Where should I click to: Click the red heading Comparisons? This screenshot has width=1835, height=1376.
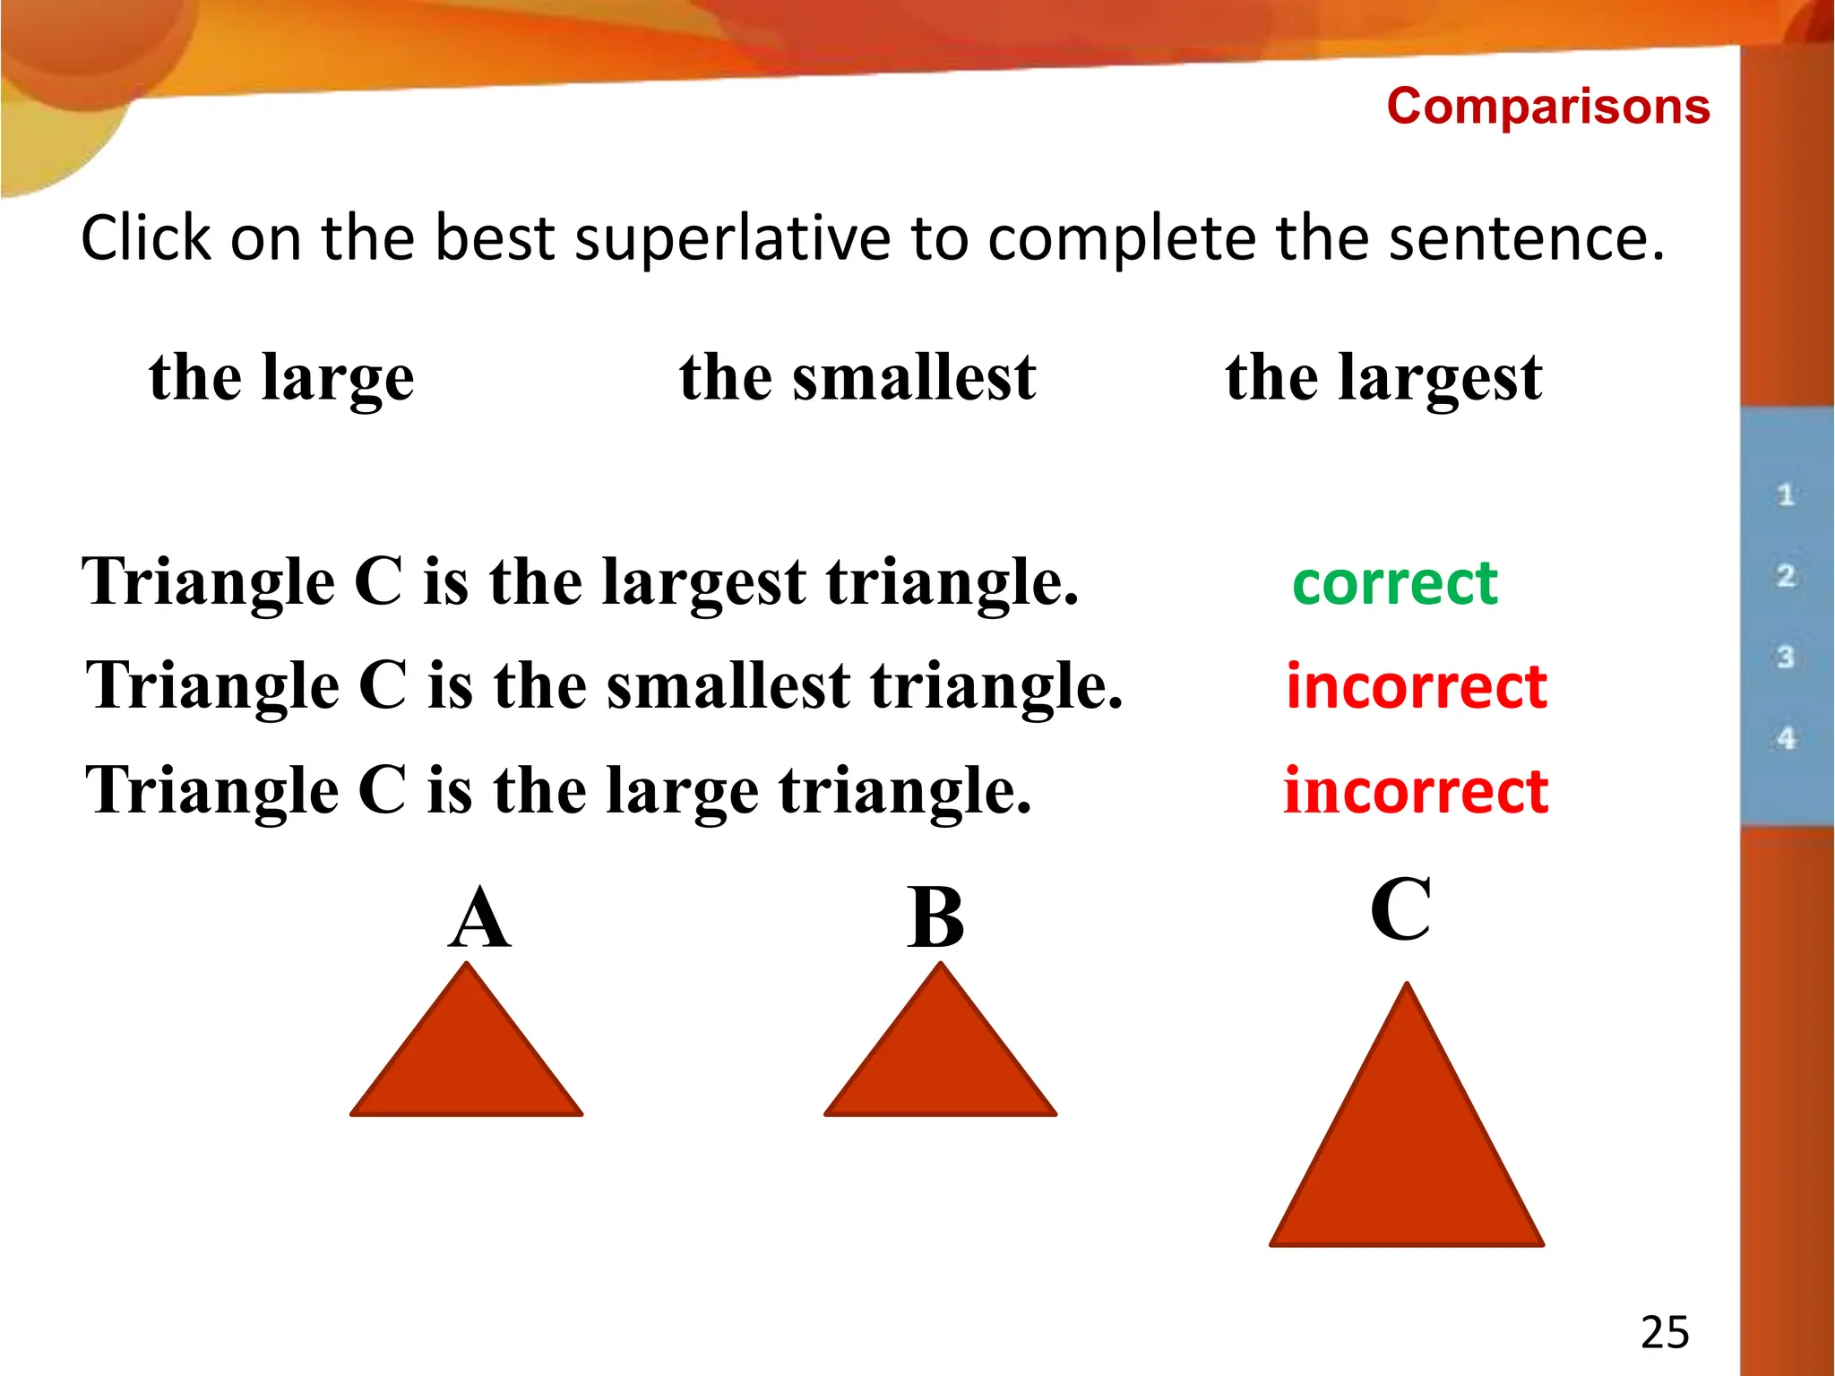click(x=1547, y=107)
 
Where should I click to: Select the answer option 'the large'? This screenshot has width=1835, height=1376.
click(x=281, y=376)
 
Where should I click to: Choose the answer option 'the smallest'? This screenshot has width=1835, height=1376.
click(x=857, y=376)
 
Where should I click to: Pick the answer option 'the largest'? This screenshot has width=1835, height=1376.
click(x=1383, y=376)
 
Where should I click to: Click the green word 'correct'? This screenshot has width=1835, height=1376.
click(x=1394, y=583)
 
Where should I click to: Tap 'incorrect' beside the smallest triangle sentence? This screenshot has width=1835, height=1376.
click(x=1416, y=686)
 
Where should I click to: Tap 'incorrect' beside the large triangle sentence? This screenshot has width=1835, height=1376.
click(x=1416, y=791)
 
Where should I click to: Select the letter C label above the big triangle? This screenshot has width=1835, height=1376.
click(x=1400, y=909)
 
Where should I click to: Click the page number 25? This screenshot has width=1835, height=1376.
click(x=1664, y=1332)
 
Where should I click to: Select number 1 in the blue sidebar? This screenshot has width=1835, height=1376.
click(x=1785, y=494)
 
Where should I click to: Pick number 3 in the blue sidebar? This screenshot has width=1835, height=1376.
click(x=1785, y=657)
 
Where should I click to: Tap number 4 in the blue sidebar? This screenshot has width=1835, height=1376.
click(x=1786, y=738)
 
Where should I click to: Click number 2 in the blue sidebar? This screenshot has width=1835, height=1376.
click(x=1785, y=575)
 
